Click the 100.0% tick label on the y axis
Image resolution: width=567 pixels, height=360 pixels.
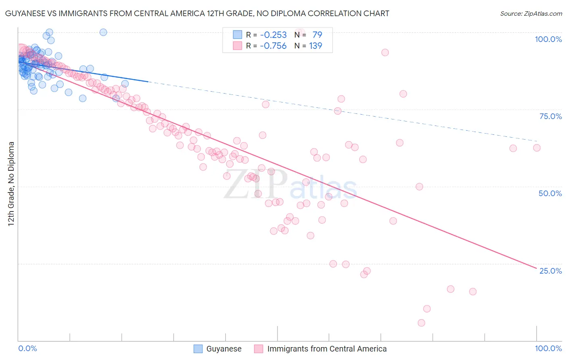click(x=548, y=39)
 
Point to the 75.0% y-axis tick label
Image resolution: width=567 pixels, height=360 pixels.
click(x=550, y=116)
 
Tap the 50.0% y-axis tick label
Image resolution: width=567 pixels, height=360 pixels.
click(x=550, y=193)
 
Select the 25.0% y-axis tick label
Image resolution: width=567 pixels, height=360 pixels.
click(x=550, y=270)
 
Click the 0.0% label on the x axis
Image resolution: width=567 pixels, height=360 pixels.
click(x=27, y=348)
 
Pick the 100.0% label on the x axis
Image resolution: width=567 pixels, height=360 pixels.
click(x=548, y=348)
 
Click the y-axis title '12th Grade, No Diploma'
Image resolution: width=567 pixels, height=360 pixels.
click(x=11, y=184)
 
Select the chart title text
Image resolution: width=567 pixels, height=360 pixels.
click(x=197, y=13)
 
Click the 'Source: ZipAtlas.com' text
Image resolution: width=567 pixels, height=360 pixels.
click(x=531, y=13)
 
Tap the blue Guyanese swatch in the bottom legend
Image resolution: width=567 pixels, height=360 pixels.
click(x=198, y=349)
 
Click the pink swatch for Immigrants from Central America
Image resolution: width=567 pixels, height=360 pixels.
click(x=258, y=349)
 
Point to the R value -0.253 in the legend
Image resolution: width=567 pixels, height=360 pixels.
click(x=273, y=35)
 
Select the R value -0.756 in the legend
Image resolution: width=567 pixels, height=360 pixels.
click(x=273, y=46)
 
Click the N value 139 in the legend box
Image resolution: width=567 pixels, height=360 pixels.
click(x=315, y=46)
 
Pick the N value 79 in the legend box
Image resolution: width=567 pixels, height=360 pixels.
click(x=317, y=35)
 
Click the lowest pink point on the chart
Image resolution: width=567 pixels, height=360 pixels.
click(x=421, y=323)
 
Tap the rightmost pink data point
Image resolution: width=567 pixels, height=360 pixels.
click(x=537, y=148)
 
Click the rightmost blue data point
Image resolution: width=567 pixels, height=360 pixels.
click(x=125, y=84)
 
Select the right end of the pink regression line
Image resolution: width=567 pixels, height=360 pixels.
click(x=536, y=268)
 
